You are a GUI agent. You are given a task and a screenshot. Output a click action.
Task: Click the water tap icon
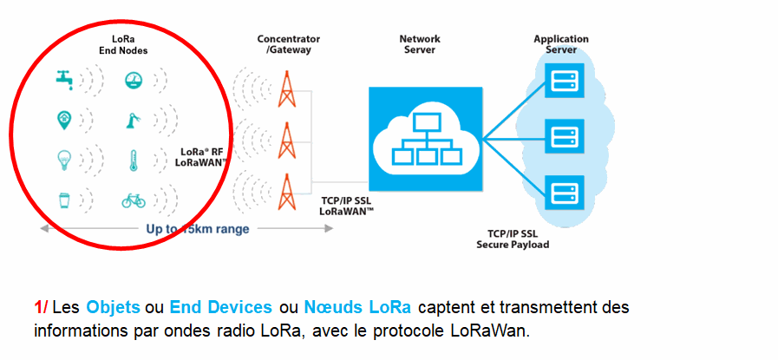[64, 80]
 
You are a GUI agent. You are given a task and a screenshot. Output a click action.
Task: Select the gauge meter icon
[134, 80]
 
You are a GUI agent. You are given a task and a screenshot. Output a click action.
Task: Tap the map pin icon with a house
[64, 120]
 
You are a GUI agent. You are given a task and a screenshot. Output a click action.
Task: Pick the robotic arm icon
[133, 121]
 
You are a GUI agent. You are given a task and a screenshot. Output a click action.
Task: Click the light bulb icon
[64, 160]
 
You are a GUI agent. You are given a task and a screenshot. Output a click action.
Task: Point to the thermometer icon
[133, 160]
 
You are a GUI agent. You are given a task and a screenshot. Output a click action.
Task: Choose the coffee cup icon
[63, 200]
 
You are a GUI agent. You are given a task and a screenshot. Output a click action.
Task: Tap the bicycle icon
[134, 200]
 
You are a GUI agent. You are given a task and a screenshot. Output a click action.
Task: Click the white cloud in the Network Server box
[426, 139]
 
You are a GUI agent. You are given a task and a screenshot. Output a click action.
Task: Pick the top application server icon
[564, 81]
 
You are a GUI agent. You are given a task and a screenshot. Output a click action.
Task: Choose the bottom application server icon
[564, 193]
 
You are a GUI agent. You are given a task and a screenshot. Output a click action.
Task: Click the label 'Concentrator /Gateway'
[288, 44]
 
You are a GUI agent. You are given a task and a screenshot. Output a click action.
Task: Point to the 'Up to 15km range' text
[198, 229]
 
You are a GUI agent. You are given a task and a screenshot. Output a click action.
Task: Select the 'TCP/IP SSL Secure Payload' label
[513, 239]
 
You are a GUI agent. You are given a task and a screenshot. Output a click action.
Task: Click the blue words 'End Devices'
[221, 307]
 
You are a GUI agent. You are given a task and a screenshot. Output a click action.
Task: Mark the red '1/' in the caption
[41, 307]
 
